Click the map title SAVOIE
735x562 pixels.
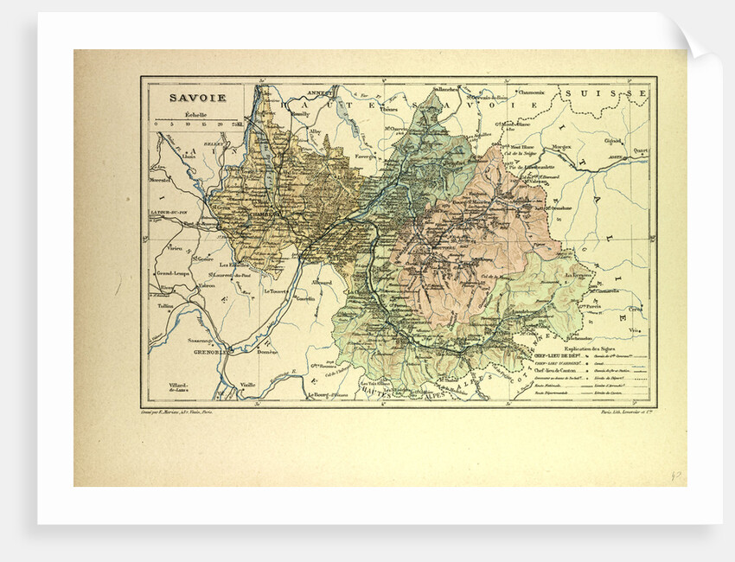point(197,98)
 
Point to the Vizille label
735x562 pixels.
point(248,383)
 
